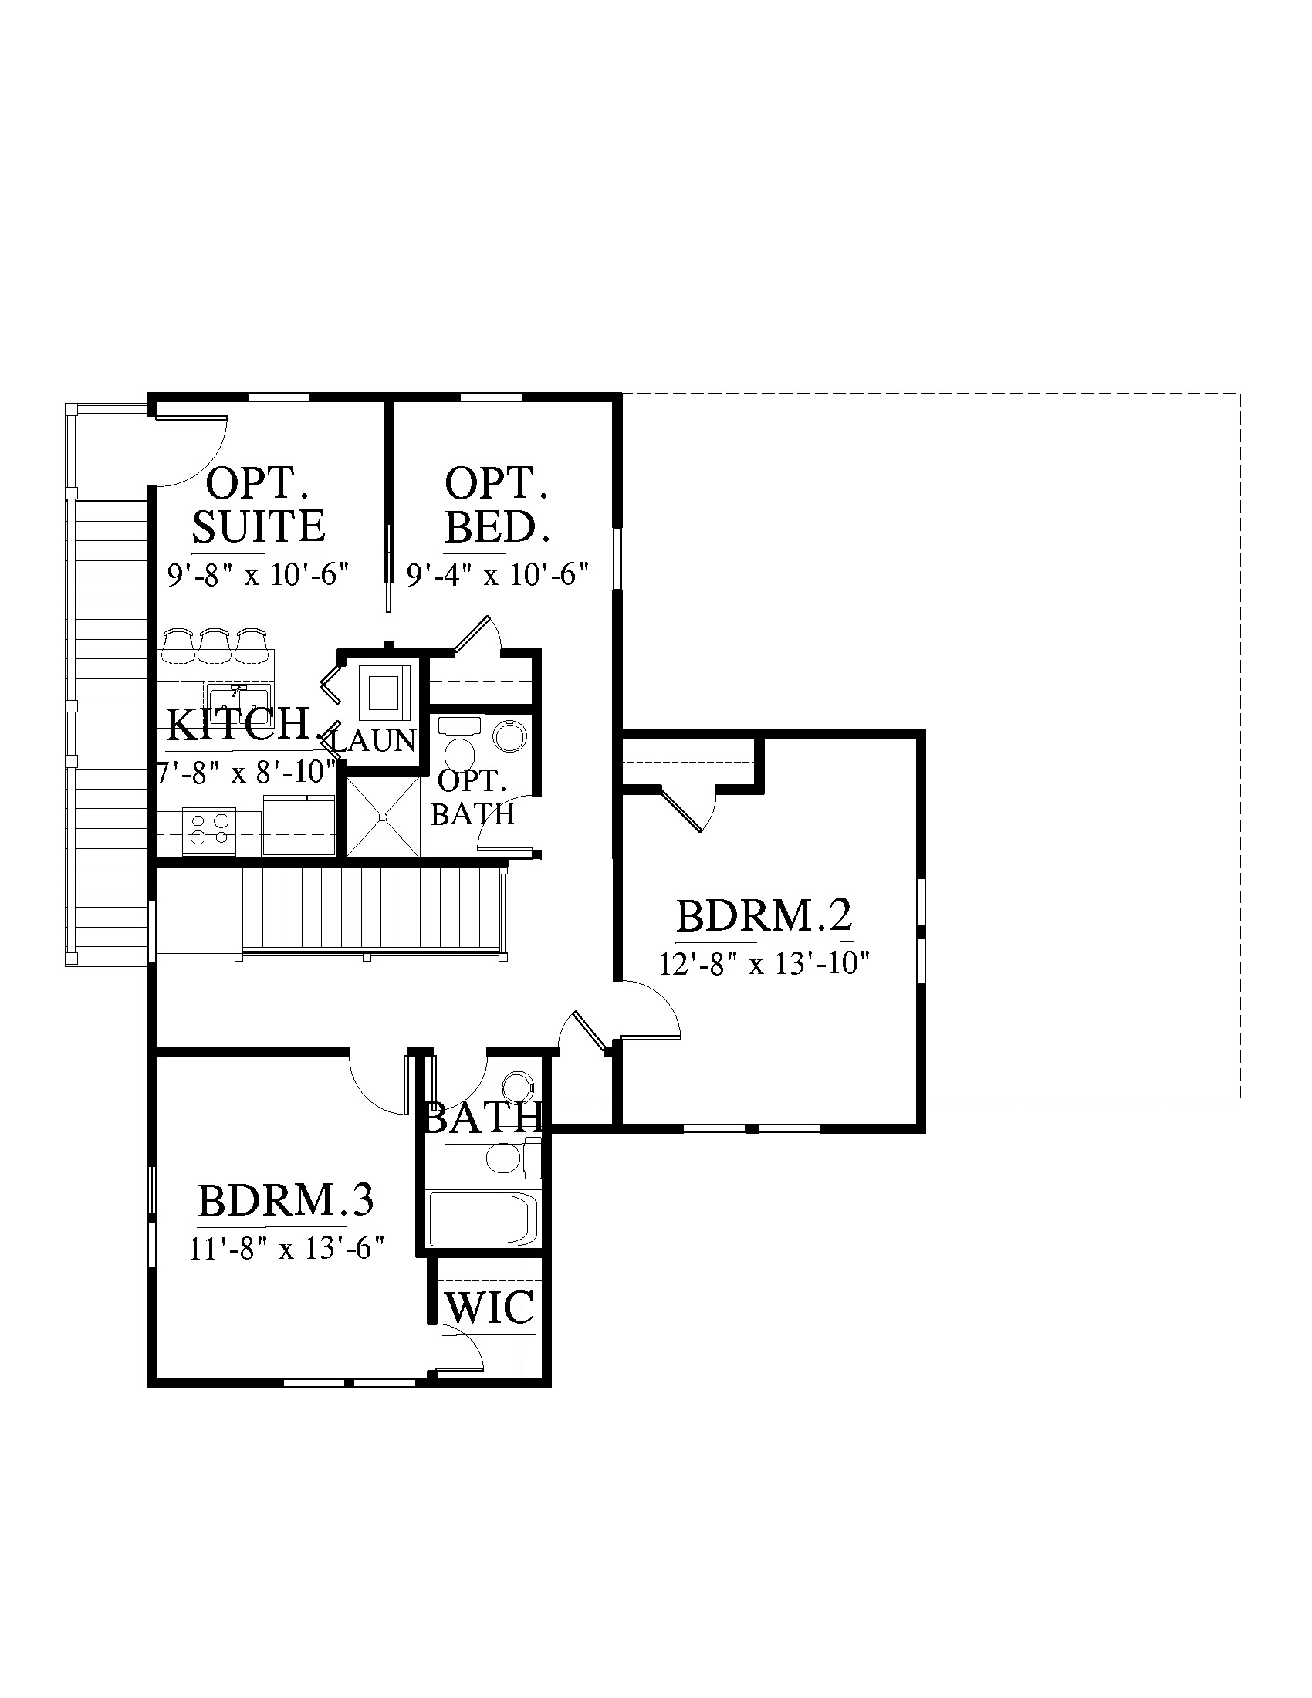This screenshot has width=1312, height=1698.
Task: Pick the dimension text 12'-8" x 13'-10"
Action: click(x=763, y=964)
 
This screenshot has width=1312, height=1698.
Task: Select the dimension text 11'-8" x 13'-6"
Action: click(x=287, y=1249)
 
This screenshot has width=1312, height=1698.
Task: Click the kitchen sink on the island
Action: click(x=238, y=695)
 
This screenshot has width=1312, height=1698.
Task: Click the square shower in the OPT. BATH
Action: click(x=384, y=817)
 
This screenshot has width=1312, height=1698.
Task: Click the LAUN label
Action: click(x=374, y=741)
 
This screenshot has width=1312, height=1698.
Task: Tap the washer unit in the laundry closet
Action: click(x=384, y=692)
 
